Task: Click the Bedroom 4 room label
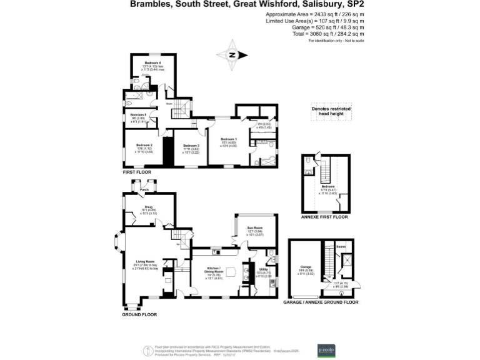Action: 153,63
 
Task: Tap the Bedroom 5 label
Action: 138,115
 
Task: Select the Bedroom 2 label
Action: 144,145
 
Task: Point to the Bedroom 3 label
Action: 191,145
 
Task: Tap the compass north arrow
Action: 232,54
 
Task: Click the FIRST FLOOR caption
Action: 137,171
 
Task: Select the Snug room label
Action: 144,207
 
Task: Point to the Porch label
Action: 144,189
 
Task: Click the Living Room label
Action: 144,265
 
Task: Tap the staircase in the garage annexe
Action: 326,262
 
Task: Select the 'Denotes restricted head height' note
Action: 331,112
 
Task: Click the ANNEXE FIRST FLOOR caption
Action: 323,217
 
